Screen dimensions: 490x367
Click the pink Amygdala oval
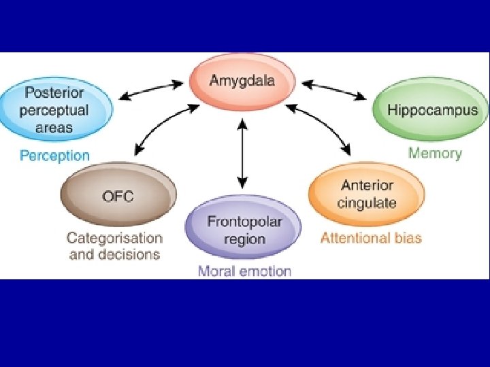click(x=242, y=82)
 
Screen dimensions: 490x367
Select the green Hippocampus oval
click(x=430, y=109)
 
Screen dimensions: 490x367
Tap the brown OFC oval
click(x=118, y=194)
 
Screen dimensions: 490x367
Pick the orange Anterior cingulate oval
click(x=367, y=194)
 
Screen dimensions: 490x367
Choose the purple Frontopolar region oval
click(x=244, y=227)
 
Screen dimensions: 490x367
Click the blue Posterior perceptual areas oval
click(x=56, y=109)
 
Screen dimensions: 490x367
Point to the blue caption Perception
click(x=54, y=156)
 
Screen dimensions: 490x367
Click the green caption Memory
click(x=435, y=154)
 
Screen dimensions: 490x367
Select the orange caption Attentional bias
click(x=371, y=238)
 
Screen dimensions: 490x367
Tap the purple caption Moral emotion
click(x=245, y=271)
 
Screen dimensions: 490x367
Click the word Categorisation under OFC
click(x=115, y=239)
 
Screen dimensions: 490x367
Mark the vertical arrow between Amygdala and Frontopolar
click(x=242, y=154)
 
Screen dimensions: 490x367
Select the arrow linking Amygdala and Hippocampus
click(x=333, y=90)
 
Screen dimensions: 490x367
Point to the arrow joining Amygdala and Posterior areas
click(x=151, y=90)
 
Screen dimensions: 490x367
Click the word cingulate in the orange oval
click(x=367, y=203)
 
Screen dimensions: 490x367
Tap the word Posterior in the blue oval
click(x=54, y=92)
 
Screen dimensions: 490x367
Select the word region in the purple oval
click(x=245, y=240)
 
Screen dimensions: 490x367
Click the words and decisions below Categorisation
click(x=115, y=255)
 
